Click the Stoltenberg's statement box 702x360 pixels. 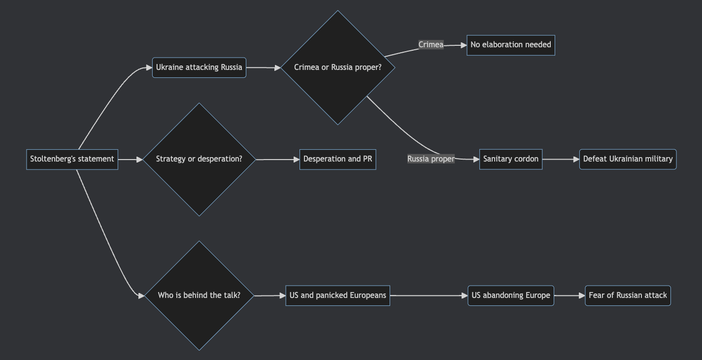72,159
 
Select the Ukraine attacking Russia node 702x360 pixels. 199,67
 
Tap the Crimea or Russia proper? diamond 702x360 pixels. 337,67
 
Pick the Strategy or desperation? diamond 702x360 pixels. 199,159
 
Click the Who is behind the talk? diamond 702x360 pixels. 199,295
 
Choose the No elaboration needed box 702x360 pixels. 510,45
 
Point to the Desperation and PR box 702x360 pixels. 337,159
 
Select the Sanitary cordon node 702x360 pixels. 510,159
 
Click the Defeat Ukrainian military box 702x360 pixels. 628,159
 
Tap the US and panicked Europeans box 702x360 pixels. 337,295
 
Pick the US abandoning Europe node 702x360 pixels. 510,295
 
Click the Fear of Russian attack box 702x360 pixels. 628,295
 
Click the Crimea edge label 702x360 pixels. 431,45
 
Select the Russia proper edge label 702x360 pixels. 431,159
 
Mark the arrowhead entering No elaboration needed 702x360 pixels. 463,45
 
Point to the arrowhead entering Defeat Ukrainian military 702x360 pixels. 576,159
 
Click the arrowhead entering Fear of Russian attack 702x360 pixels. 582,295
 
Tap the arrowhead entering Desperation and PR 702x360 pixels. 296,159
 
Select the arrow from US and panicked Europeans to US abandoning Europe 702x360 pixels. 429,295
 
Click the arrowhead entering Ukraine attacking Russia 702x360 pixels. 149,67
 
